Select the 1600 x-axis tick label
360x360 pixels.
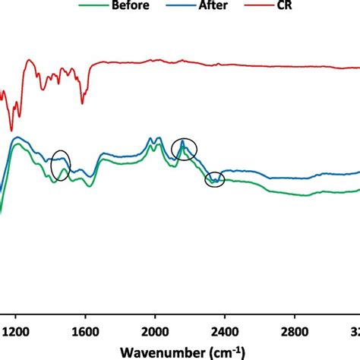85,331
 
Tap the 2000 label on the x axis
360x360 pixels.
155,331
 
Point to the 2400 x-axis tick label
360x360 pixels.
225,331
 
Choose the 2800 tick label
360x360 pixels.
295,331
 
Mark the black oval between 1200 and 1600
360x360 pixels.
61,166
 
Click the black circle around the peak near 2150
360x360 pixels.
184,149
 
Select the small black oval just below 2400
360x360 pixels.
216,179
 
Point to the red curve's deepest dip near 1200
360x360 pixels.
11,130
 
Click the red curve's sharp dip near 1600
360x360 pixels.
83,104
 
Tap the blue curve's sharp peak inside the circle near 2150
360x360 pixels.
183,141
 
